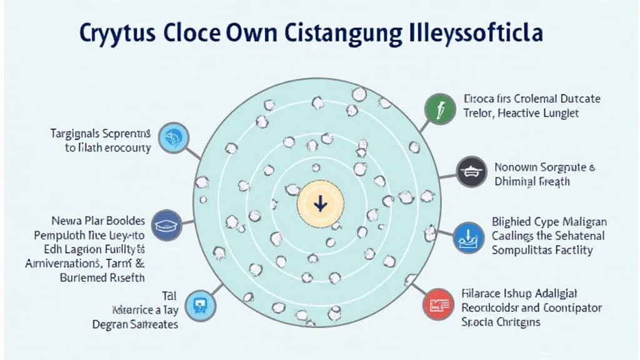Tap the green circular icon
pyautogui.click(x=437, y=107)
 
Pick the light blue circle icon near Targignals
pyautogui.click(x=172, y=139)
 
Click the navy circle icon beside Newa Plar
pyautogui.click(x=167, y=226)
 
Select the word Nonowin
pyautogui.click(x=516, y=167)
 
